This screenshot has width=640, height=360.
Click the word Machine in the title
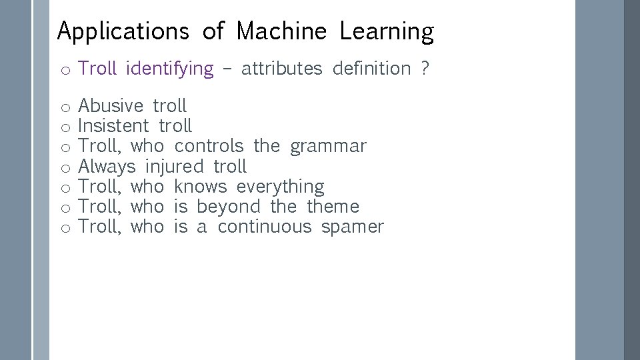281,31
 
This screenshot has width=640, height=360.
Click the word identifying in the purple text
169,69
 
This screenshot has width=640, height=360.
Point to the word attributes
281,69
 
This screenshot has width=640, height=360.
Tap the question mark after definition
425,69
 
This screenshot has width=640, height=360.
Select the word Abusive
111,106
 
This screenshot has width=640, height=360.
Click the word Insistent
113,126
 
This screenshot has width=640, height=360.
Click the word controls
209,146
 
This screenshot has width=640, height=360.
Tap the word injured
174,167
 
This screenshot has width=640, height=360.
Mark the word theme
333,207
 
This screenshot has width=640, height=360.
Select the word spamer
352,227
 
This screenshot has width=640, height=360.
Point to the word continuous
265,227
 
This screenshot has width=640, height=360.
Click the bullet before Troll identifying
65,70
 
